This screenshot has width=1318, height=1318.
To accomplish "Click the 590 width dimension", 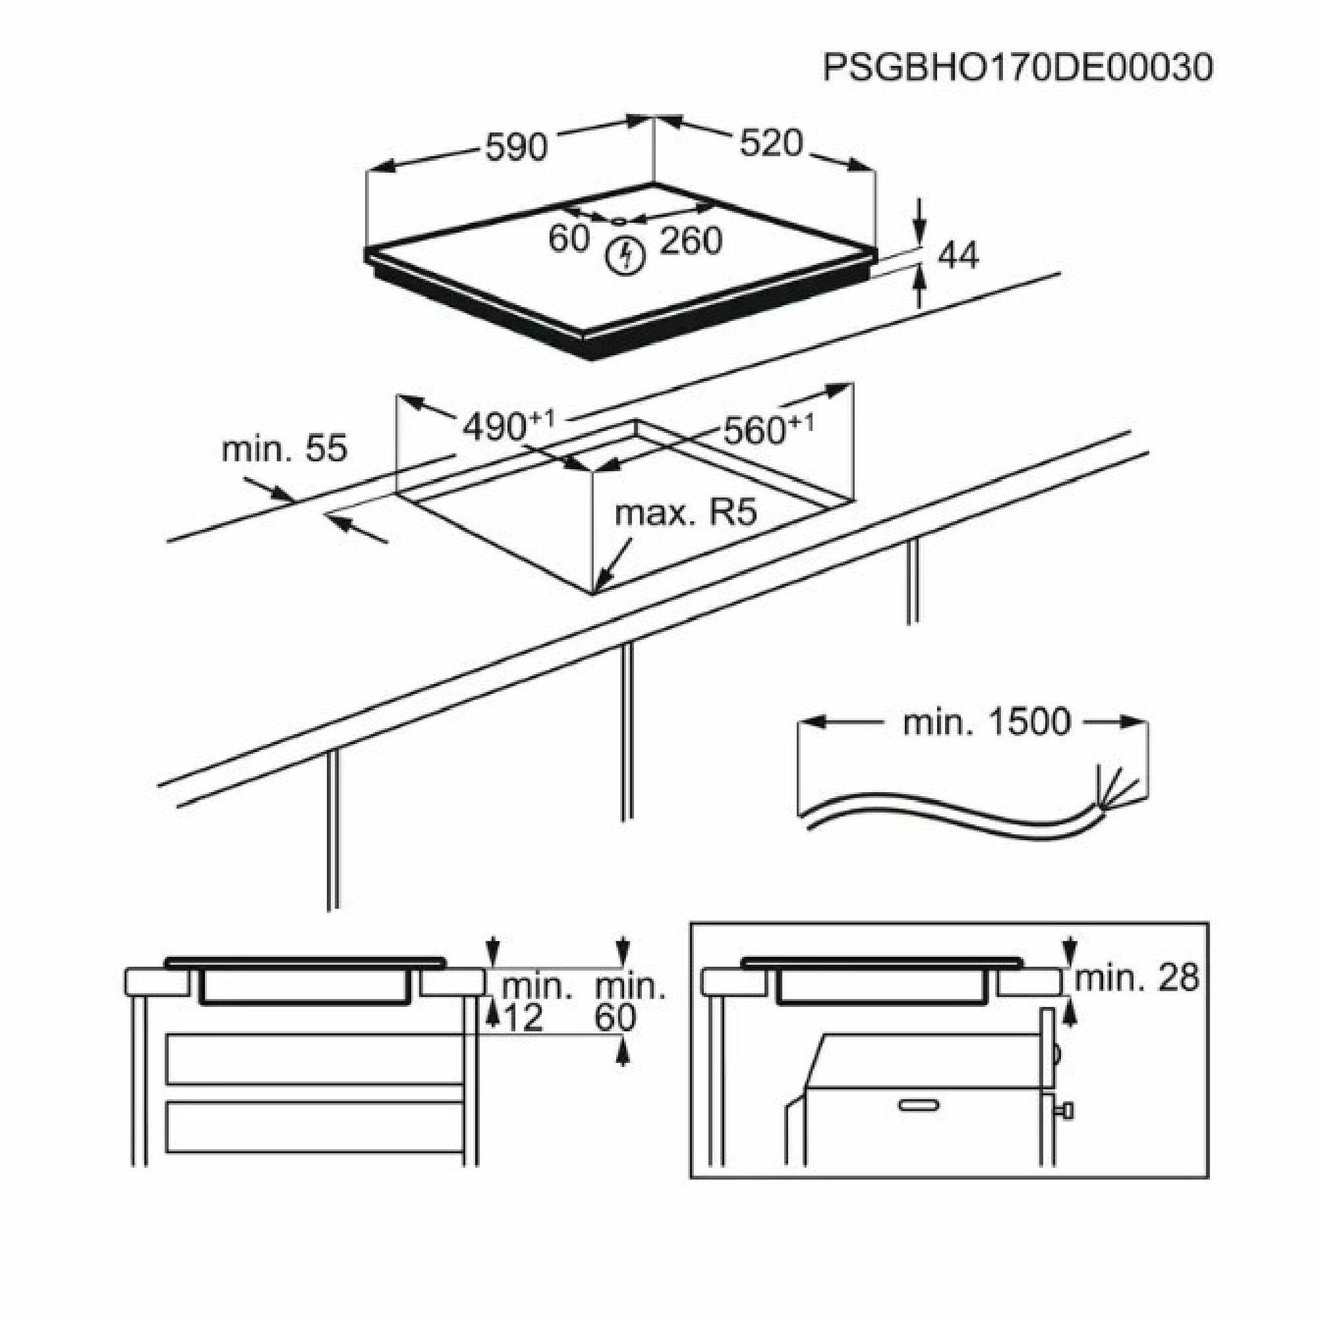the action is click(516, 147).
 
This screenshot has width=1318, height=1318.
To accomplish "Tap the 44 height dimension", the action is click(958, 256).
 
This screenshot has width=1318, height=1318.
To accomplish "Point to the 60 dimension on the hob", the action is click(568, 239).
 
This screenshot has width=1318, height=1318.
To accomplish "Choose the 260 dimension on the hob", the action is click(690, 241).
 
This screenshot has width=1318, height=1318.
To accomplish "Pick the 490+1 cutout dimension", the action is click(508, 427).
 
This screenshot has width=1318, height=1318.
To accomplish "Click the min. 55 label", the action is click(285, 449).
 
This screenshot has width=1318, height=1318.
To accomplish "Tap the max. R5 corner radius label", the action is click(685, 512).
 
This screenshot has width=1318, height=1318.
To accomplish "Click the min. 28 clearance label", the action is click(1137, 980).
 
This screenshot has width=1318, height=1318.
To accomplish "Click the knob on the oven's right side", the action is click(1066, 1111).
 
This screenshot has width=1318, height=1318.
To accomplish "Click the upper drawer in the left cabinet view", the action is click(314, 1060).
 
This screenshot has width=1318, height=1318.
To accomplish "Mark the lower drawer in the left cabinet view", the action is click(314, 1126).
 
